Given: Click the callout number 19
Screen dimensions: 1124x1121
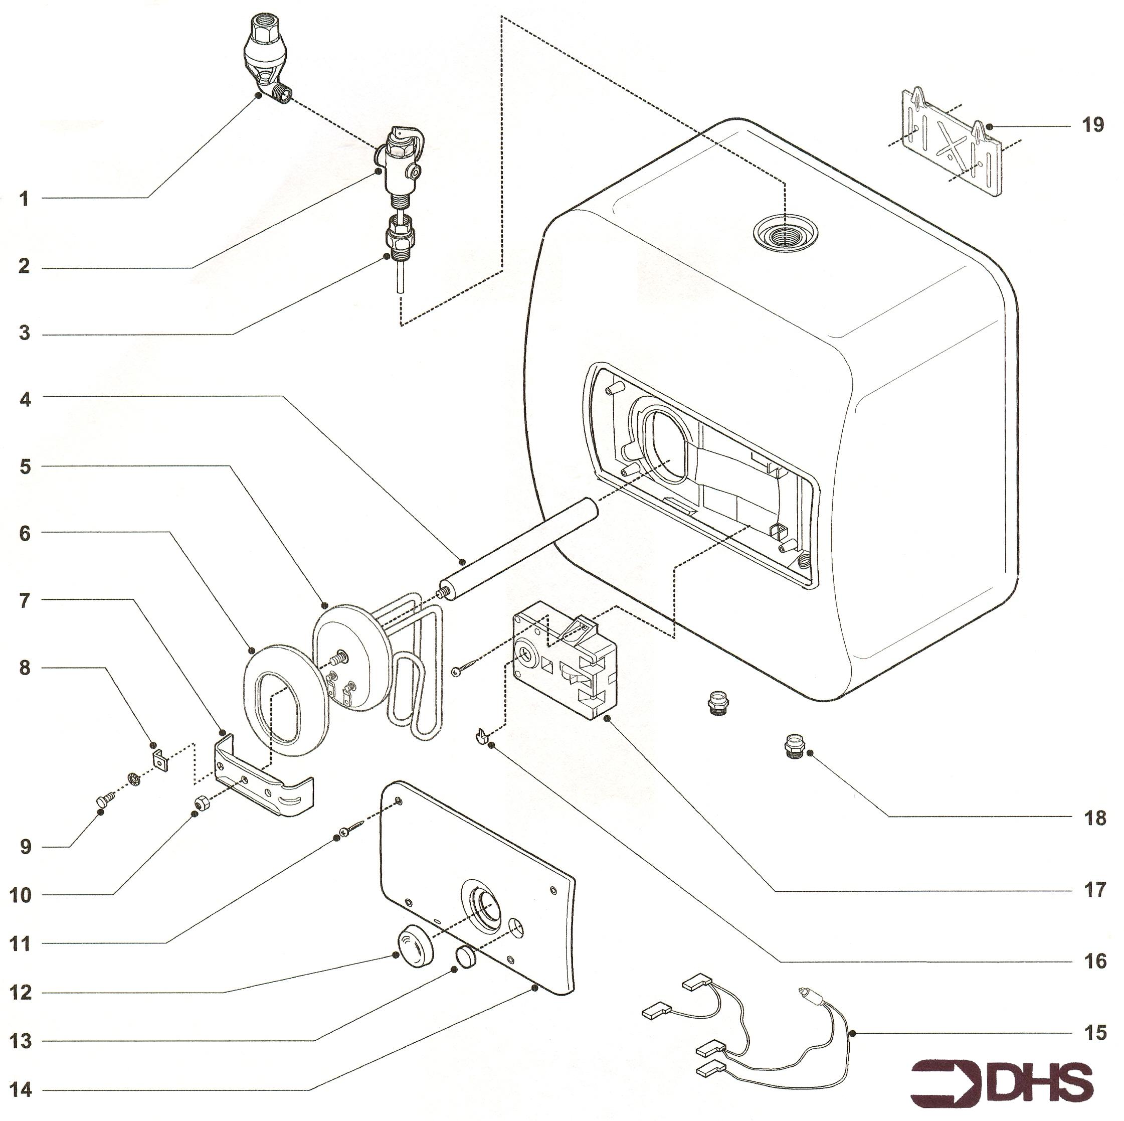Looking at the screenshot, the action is coord(1092,125).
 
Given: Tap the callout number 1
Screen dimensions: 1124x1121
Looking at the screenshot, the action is coord(24,199).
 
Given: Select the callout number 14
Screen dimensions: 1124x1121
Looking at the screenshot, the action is coord(21,1089).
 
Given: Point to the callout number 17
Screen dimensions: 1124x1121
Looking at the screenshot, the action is coord(1094,890).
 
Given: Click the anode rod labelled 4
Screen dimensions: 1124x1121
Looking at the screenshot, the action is coord(519,546).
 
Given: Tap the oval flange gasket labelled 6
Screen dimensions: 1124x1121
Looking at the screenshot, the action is coord(283,700).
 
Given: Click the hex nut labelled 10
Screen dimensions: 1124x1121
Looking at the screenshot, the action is coord(202,803).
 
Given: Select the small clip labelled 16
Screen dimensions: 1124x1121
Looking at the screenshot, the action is coord(481,736).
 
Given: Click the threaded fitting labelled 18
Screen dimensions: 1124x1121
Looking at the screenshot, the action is coord(792,746).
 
